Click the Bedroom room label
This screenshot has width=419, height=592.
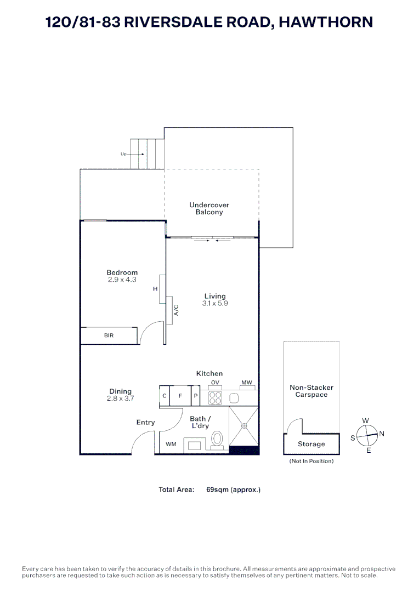(122, 272)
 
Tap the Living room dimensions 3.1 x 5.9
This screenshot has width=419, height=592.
(214, 303)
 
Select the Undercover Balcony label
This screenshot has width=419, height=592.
(209, 208)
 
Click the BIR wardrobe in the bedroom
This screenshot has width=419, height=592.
(109, 335)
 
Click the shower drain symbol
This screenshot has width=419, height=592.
(245, 426)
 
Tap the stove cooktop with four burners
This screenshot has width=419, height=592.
(215, 397)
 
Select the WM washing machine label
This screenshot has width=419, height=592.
(171, 445)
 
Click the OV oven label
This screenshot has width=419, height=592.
(215, 382)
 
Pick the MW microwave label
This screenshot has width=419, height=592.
(246, 382)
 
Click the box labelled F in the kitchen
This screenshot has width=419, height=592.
(180, 395)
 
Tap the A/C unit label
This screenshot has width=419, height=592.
(176, 311)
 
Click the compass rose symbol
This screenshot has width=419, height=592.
(366, 436)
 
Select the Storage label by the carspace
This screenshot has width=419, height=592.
(311, 444)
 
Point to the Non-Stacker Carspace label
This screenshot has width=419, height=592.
(311, 391)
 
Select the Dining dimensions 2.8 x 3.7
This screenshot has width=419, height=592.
(120, 399)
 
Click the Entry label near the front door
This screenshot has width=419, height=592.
(146, 422)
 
